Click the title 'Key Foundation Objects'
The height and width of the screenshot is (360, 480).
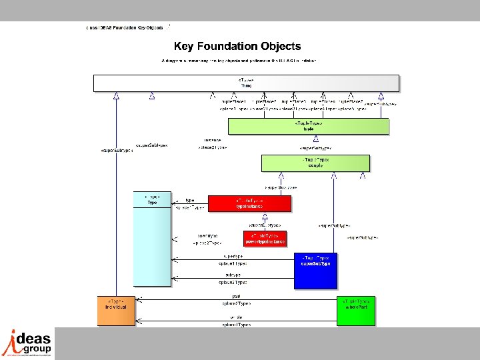pyautogui.click(x=237, y=47)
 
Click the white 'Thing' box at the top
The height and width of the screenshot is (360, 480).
pyautogui.click(x=246, y=83)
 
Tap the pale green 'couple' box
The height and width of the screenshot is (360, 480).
pyautogui.click(x=315, y=163)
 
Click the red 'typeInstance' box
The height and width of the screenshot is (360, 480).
pyautogui.click(x=249, y=203)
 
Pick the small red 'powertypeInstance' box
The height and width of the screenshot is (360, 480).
pyautogui.click(x=265, y=239)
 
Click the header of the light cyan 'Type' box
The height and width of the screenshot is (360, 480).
pyautogui.click(x=152, y=200)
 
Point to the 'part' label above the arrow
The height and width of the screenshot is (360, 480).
pyautogui.click(x=236, y=297)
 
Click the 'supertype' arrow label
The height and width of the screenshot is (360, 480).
pyautogui.click(x=233, y=255)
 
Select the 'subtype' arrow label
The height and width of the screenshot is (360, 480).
pyautogui.click(x=233, y=274)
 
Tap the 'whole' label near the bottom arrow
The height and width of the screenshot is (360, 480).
pyautogui.click(x=236, y=317)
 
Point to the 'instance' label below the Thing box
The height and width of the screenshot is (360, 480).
pyautogui.click(x=213, y=140)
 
